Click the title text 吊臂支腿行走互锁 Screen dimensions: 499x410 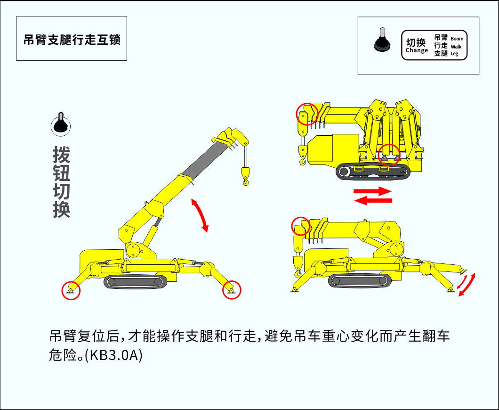point(72,40)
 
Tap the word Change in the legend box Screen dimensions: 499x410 point(417,50)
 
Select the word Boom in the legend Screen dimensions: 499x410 point(457,39)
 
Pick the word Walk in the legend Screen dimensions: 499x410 point(456,47)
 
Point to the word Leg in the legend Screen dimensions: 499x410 point(454,54)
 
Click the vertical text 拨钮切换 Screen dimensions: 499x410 point(61,182)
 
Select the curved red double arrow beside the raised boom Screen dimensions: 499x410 point(200,215)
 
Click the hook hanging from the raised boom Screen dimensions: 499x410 point(246,176)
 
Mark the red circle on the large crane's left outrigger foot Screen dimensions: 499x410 point(71,290)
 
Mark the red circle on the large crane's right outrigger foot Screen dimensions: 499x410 point(232,290)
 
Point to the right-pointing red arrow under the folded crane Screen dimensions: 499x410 point(373,191)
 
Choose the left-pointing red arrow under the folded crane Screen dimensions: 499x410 point(373,200)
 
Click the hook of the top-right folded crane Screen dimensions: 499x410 point(303,156)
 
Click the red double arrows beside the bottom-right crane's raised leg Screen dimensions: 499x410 point(467,285)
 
